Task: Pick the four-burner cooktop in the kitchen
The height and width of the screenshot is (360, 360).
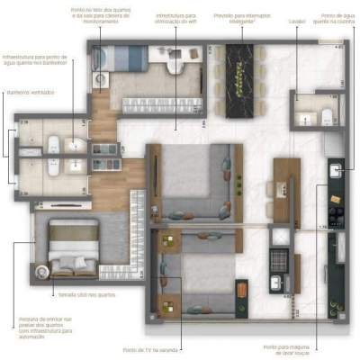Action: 337,216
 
